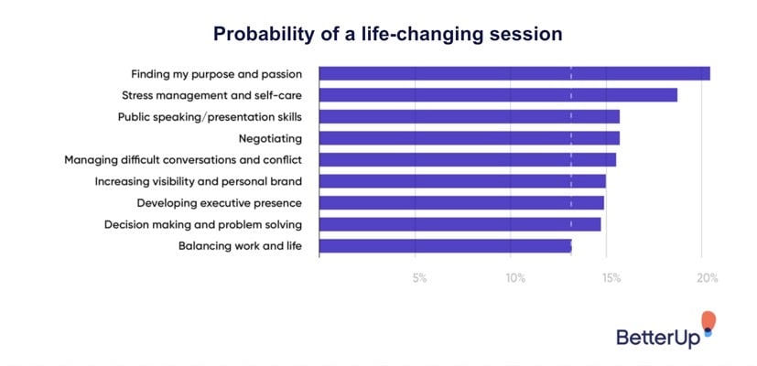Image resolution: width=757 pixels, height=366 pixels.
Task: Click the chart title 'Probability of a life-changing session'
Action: [x=387, y=34]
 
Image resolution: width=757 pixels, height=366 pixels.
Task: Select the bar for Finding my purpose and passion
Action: [x=514, y=73]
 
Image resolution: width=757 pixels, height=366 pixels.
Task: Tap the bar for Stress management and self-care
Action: [x=497, y=95]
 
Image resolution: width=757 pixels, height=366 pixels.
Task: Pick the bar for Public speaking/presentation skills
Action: [x=469, y=116]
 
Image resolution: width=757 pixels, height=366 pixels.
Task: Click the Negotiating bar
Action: [x=469, y=138]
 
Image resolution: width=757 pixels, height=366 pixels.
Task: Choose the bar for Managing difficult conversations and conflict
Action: [x=467, y=159]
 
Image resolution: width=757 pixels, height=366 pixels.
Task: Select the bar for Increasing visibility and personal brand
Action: [x=461, y=181]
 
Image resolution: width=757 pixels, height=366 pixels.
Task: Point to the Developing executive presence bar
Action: [x=460, y=202]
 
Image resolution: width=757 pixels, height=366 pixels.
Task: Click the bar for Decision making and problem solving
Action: [x=460, y=224]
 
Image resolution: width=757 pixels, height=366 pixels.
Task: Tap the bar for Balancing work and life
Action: [x=445, y=245]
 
